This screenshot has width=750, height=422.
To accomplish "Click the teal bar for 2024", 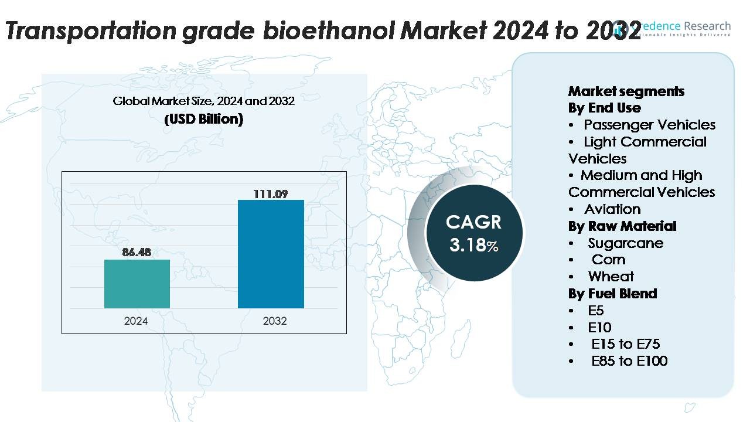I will [x=137, y=284].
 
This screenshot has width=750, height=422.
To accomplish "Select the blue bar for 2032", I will [x=271, y=254].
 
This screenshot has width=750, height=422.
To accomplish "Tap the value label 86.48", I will [x=137, y=253].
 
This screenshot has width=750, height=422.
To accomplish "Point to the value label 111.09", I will [x=270, y=193].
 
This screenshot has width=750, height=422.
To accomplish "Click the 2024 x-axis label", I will [x=136, y=321].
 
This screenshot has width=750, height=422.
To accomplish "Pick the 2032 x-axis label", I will [x=275, y=321].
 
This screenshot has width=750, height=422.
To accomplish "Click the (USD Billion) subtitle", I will [x=203, y=119].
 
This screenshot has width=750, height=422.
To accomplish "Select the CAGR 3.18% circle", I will [x=473, y=233].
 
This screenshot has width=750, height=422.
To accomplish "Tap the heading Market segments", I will [x=626, y=91].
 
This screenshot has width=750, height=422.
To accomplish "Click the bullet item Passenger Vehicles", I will [x=649, y=125].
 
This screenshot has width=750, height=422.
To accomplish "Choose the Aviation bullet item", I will [x=612, y=209].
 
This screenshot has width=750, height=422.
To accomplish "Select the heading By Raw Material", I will [x=622, y=226].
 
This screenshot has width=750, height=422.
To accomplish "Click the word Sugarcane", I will [x=626, y=243].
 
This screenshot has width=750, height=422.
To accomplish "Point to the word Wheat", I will [x=611, y=277].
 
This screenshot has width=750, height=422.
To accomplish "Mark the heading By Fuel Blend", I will [x=612, y=294].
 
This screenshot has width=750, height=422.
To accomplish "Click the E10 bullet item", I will [x=599, y=328].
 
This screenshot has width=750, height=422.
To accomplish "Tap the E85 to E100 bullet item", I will [x=629, y=361].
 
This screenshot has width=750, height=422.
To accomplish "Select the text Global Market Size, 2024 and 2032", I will [x=203, y=101].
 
